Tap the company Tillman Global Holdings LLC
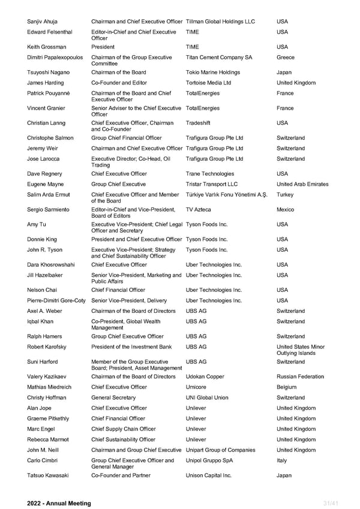(x=220, y=22)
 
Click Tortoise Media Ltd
(x=208, y=83)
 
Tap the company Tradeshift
(x=199, y=123)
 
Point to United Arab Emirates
(x=302, y=184)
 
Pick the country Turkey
(x=286, y=195)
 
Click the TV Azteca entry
(x=199, y=210)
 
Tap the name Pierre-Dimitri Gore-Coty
(x=56, y=300)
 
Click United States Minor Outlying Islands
(x=300, y=350)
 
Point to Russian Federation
(x=300, y=377)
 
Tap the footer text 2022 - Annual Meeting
(x=59, y=503)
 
